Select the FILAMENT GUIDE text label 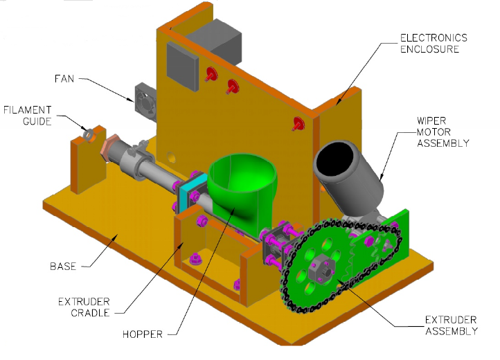pyautogui.click(x=28, y=116)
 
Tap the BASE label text pyautogui.click(x=63, y=266)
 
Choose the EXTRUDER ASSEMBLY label pyautogui.click(x=451, y=325)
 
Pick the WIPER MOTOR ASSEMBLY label pyautogui.click(x=443, y=132)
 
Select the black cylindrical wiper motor pyautogui.click(x=347, y=169)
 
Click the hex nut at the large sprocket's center pyautogui.click(x=320, y=266)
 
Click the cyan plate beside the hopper pyautogui.click(x=189, y=195)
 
